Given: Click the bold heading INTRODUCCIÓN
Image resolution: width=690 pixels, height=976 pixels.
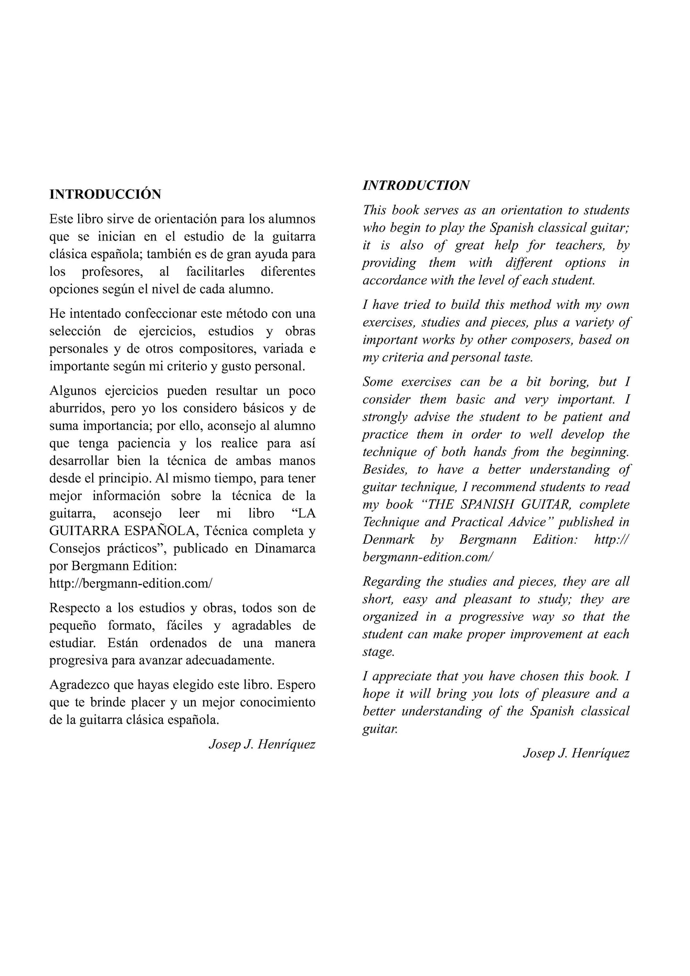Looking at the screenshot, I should click(x=105, y=194).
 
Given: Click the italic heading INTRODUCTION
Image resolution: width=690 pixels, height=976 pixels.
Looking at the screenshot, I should click(x=416, y=185).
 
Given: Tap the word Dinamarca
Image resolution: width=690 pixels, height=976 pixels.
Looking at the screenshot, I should click(x=285, y=548).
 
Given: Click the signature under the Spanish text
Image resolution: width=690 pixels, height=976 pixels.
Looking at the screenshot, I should click(x=262, y=744).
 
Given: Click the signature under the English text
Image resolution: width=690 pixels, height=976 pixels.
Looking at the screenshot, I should click(x=576, y=753).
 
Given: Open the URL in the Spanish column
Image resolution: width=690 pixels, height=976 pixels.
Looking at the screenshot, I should click(x=130, y=583).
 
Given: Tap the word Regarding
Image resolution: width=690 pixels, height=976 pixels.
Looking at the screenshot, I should click(x=390, y=582).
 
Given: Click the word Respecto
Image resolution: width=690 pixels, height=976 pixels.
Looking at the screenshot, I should click(x=74, y=608).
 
